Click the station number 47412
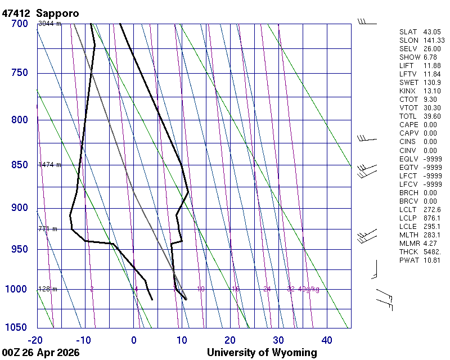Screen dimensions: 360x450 16,13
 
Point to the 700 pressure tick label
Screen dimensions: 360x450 19,24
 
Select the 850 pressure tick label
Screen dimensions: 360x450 19,165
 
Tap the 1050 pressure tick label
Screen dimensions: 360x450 17,328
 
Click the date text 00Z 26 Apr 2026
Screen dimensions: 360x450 40,353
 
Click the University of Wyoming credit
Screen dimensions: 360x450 262,353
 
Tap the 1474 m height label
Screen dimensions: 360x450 49,165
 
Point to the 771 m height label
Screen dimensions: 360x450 48,229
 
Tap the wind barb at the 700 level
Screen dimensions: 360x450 367,22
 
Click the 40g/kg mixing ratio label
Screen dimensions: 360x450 309,289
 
